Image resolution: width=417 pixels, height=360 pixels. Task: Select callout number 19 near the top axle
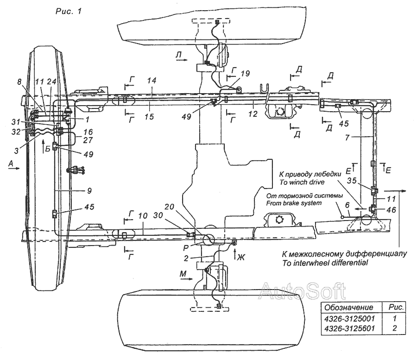pos(245,74)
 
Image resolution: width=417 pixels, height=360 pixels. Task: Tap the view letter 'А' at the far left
pos(11,163)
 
